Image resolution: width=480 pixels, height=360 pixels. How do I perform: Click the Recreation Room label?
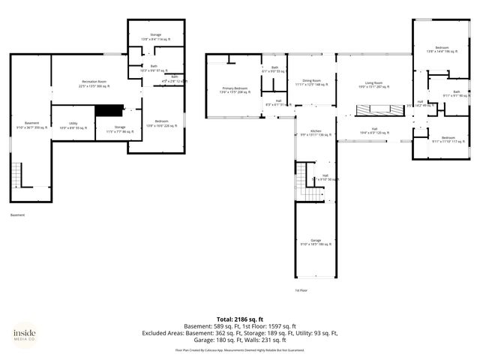pos(94,83)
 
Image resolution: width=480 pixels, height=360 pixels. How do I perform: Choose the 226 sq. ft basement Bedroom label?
pos(161,123)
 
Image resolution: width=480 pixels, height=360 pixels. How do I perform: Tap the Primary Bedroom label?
pos(235,90)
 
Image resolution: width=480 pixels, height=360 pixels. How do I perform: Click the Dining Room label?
pos(311,82)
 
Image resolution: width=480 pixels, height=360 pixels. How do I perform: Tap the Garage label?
pos(315,242)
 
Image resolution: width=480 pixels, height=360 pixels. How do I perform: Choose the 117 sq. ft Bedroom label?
pos(448,139)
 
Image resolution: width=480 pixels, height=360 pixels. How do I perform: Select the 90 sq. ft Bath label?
pos(457,94)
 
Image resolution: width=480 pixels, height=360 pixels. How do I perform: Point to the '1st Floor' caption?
pos(301,289)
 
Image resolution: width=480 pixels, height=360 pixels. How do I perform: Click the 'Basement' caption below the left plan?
pos(19,215)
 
